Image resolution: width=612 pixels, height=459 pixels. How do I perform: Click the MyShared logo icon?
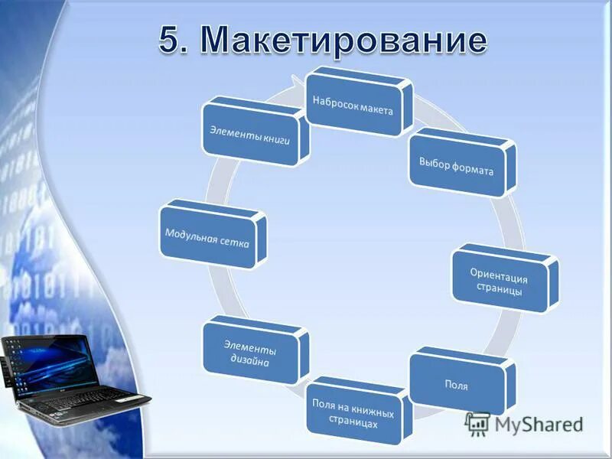click(477, 423)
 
